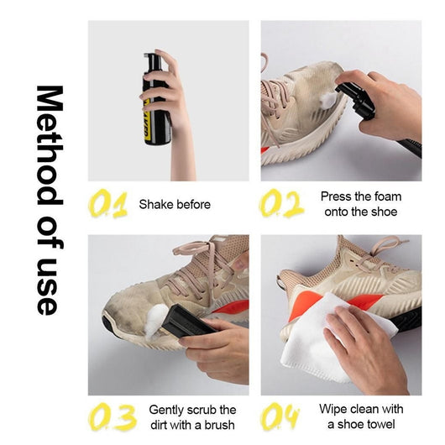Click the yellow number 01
tap(108, 204)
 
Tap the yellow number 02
tap(281, 204)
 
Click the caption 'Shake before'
tap(175, 204)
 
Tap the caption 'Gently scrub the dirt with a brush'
tap(192, 417)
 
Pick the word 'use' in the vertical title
tap(49, 286)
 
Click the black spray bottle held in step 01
tap(155, 101)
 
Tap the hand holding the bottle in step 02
tap(386, 105)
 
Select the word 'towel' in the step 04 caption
tap(381, 425)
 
